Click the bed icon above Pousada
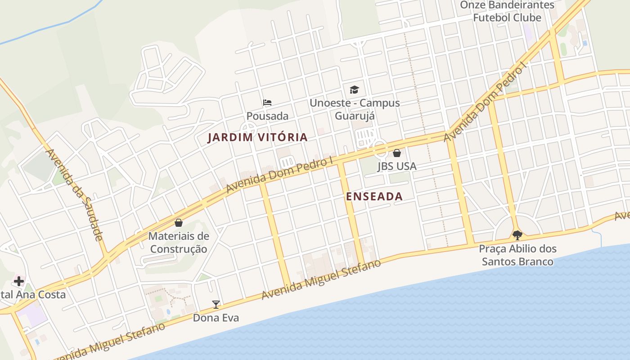[x=267, y=103]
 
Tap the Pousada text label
[x=267, y=116]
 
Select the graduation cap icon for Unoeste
[x=355, y=90]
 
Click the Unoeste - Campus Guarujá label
[x=355, y=109]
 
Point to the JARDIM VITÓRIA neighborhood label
[x=258, y=138]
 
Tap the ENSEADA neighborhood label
[x=374, y=197]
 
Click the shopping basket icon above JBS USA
[x=396, y=153]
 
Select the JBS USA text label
[x=397, y=166]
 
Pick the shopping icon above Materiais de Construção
[x=179, y=223]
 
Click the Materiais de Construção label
[x=179, y=243]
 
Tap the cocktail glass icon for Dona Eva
[x=216, y=305]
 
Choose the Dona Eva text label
[x=216, y=318]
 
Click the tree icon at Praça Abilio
[x=517, y=235]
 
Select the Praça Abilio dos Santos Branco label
[x=517, y=255]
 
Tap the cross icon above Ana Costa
[x=18, y=281]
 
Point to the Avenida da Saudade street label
[x=75, y=195]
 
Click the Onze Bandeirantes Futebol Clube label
[x=507, y=11]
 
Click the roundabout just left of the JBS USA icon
[x=380, y=148]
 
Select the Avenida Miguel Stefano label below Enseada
[x=321, y=279]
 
